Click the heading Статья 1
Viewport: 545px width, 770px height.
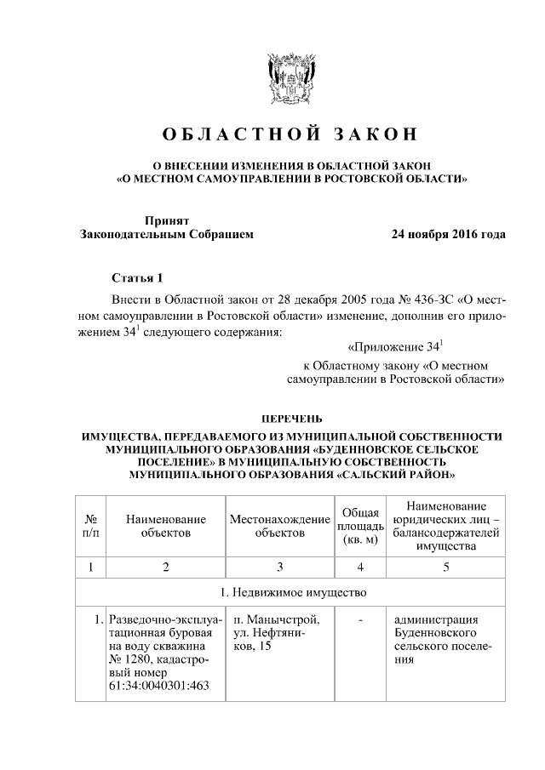135,278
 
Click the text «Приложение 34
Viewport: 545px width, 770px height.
397,347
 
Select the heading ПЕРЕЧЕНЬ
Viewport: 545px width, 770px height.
290,419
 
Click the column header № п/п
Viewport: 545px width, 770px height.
89,525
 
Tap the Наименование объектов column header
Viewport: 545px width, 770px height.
165,525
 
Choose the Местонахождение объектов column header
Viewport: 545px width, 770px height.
279,525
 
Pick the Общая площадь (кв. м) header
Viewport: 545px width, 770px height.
360,525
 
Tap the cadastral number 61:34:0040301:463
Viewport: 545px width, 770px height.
158,686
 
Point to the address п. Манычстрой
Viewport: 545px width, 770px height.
277,619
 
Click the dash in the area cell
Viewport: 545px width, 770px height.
360,619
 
